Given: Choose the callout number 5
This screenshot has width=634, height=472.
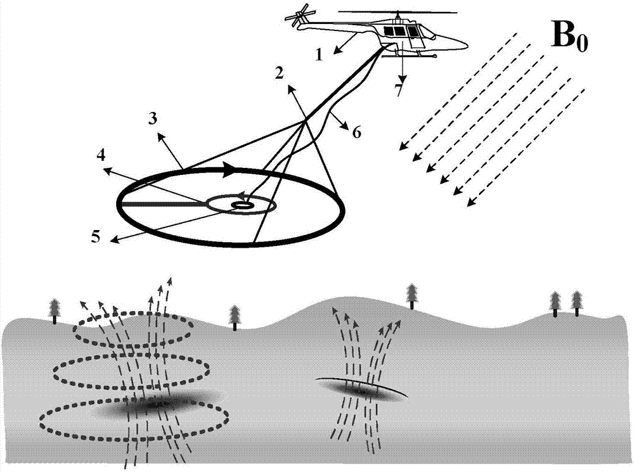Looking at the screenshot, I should pyautogui.click(x=96, y=237).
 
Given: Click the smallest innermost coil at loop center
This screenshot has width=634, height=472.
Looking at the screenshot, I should pyautogui.click(x=242, y=205).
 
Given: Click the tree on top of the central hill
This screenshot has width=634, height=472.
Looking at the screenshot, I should pyautogui.click(x=413, y=295).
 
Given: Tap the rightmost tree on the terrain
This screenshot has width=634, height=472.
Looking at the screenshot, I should pyautogui.click(x=576, y=302).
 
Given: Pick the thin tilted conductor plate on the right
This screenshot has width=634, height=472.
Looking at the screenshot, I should pyautogui.click(x=361, y=388).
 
